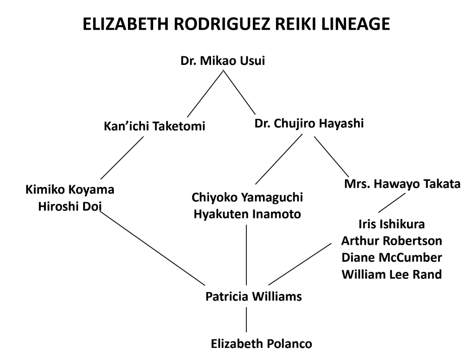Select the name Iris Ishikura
[x=388, y=224]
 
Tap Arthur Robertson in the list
[x=388, y=241]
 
